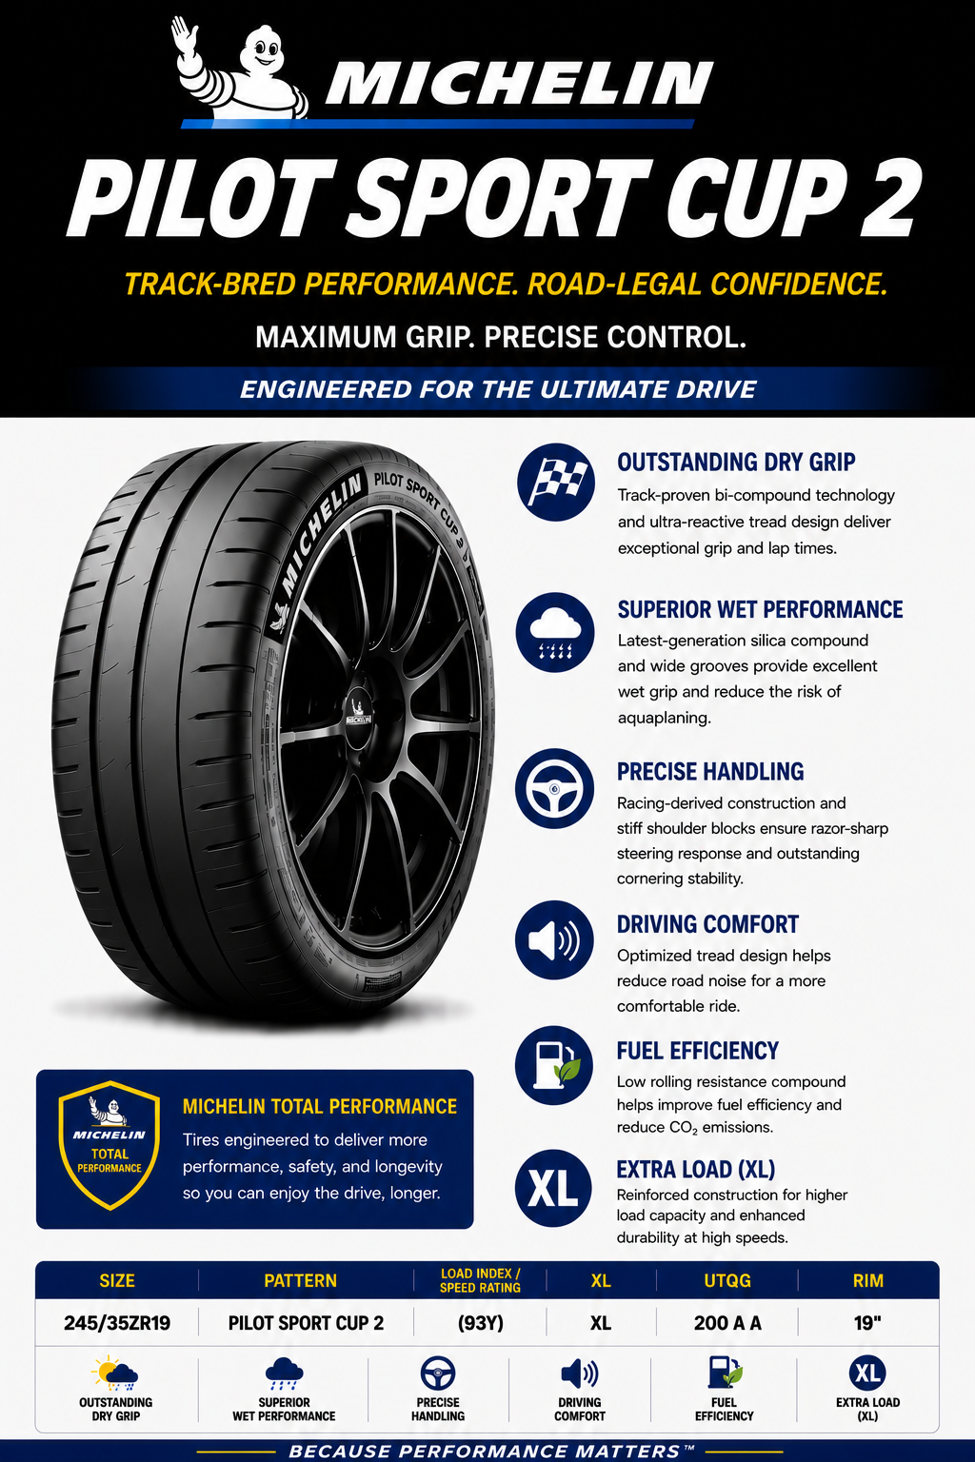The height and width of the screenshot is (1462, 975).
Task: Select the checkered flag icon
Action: pos(556,483)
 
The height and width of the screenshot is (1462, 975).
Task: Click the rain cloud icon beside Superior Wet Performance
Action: pos(555,632)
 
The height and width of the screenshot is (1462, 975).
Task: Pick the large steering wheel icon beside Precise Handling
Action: pos(554,788)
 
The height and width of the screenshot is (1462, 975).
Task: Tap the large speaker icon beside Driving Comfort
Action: pos(554,939)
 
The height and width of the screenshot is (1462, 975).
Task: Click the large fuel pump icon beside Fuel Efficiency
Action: pos(554,1065)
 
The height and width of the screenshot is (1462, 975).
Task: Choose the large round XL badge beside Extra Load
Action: pos(554,1189)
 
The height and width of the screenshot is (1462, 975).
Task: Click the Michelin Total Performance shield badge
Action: pos(109,1145)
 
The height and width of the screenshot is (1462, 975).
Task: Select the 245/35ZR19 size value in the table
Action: pos(117,1323)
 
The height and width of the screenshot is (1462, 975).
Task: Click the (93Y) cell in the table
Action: pos(480,1323)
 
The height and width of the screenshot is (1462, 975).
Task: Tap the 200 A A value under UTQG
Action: pos(727,1323)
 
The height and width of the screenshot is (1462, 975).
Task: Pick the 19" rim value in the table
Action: pos(867,1323)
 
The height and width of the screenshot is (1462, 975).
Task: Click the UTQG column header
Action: pos(727,1280)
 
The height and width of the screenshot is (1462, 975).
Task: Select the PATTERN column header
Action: pos(300,1280)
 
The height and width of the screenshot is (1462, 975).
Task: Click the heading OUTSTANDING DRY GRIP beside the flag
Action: pos(736,462)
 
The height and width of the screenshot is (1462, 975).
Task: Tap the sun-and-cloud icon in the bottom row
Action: pos(115,1373)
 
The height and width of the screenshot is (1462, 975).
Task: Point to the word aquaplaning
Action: pos(665,719)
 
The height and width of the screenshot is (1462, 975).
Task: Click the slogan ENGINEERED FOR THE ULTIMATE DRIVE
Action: pos(498,389)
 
